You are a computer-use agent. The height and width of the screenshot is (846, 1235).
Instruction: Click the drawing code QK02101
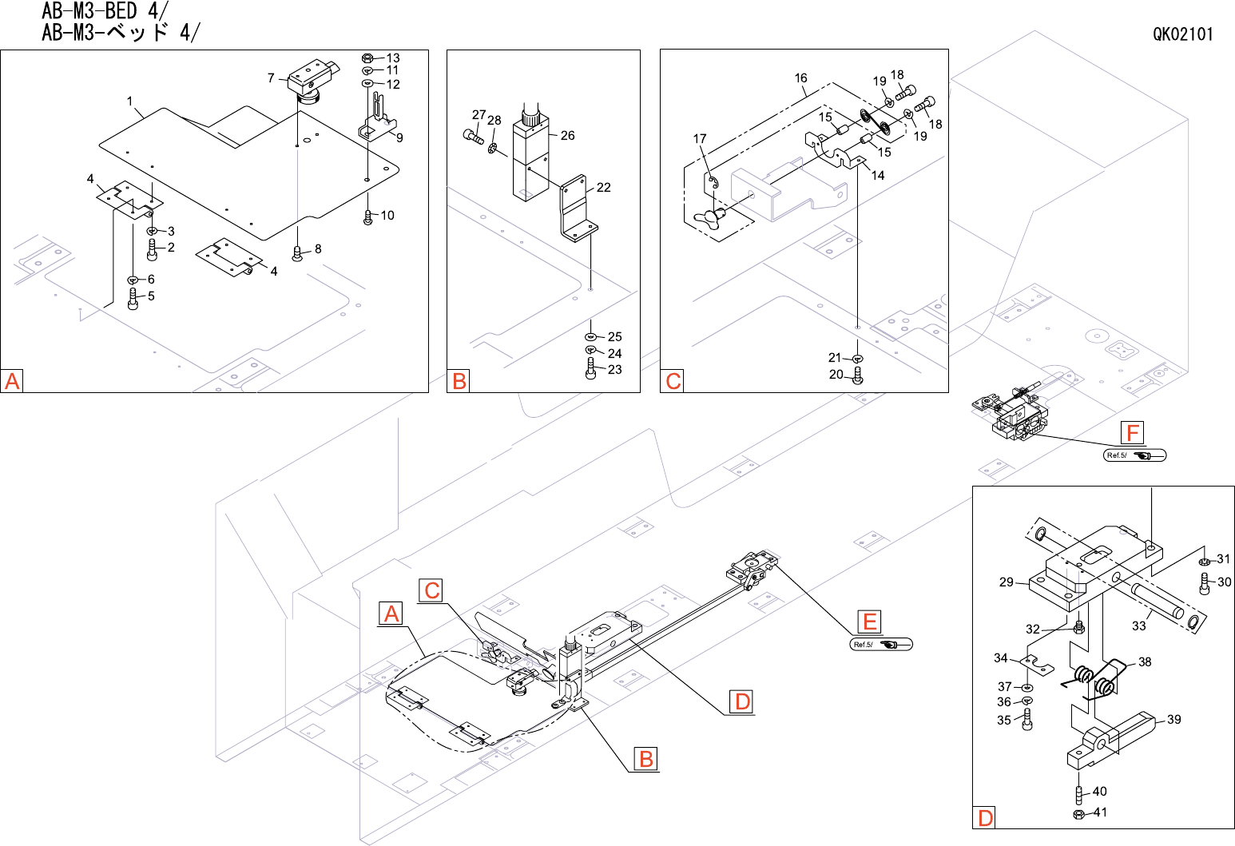click(x=1182, y=34)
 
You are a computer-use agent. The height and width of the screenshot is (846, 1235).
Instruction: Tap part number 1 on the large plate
click(x=129, y=101)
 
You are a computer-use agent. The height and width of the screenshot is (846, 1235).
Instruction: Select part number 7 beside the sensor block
click(x=271, y=78)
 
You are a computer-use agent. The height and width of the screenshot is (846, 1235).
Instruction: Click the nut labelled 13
click(x=367, y=58)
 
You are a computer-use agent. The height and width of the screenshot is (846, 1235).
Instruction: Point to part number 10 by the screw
click(x=387, y=215)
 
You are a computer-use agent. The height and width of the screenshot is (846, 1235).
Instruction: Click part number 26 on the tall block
click(x=567, y=135)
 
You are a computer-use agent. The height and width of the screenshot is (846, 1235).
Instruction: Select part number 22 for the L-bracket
click(x=604, y=188)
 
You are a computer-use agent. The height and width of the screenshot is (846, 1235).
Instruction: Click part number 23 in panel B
click(x=615, y=370)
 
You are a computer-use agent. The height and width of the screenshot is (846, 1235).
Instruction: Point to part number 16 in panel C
click(x=801, y=78)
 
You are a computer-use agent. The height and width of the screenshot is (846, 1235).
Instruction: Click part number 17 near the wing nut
click(x=700, y=138)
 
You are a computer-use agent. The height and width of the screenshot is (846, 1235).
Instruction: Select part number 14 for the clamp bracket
click(x=878, y=176)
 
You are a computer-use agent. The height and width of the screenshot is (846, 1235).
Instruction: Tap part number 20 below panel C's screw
click(x=836, y=375)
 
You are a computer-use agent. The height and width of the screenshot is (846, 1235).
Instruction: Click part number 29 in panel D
click(x=1007, y=582)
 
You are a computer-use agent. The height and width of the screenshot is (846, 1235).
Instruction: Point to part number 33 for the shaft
click(x=1139, y=626)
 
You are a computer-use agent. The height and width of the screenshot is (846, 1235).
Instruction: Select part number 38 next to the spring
click(x=1146, y=661)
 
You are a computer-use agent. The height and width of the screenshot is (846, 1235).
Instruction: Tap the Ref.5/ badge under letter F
click(x=1134, y=455)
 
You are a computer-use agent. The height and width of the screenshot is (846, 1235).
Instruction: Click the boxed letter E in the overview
click(x=869, y=622)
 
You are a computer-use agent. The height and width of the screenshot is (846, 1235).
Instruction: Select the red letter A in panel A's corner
click(x=12, y=381)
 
